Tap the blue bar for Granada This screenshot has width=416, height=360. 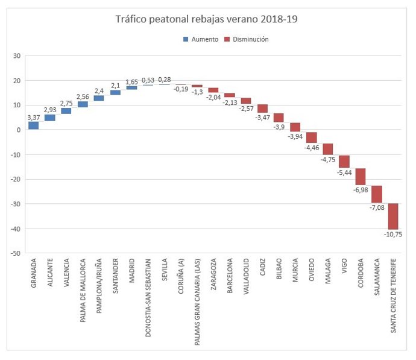tap(33, 125)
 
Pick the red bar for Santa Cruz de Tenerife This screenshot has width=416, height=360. tap(393, 216)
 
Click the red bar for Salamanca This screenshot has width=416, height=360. tap(377, 194)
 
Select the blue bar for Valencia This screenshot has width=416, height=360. tap(66, 111)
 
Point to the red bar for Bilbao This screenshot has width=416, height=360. tap(279, 118)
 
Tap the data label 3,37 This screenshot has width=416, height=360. tap(34, 118)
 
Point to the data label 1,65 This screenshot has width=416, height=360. tap(131, 82)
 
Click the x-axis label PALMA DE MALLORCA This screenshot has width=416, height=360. tap(83, 283)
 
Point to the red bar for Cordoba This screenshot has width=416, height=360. tap(361, 177)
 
